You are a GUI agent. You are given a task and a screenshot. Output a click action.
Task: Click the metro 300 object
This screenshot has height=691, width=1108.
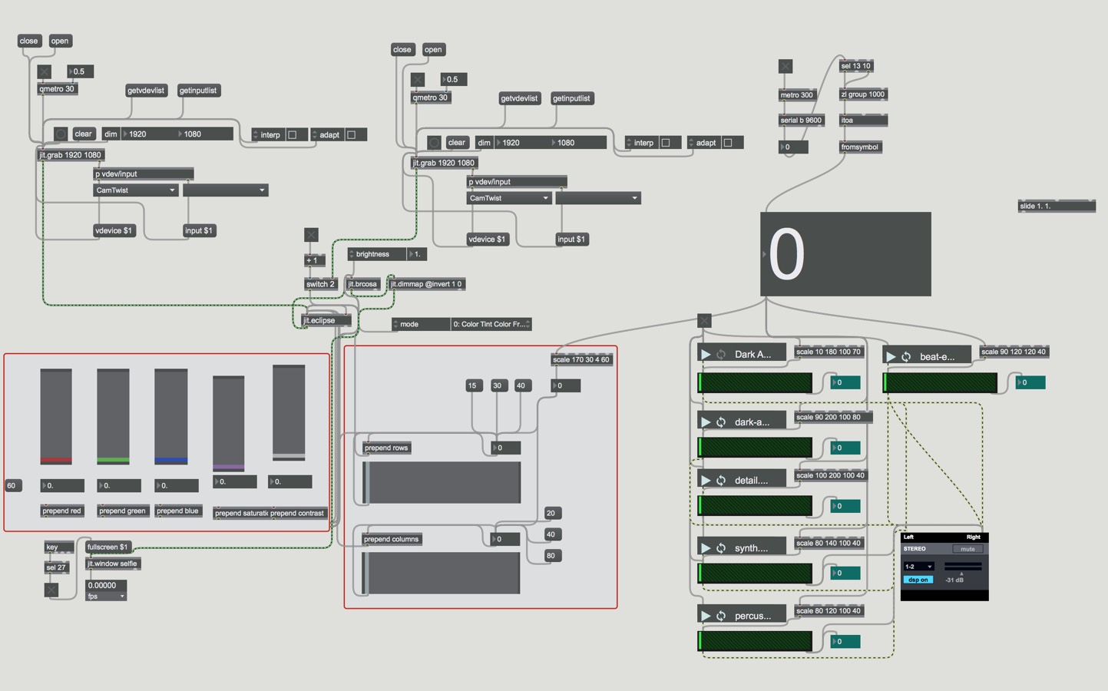click(x=796, y=95)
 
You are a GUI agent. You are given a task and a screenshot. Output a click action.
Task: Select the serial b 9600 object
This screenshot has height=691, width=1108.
click(x=801, y=121)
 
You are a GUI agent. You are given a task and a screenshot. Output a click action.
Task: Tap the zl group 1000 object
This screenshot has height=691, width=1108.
click(x=862, y=94)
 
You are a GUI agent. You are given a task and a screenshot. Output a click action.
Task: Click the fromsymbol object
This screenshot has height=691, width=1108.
click(x=859, y=147)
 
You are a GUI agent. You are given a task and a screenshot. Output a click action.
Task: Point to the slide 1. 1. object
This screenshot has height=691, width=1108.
click(x=1056, y=206)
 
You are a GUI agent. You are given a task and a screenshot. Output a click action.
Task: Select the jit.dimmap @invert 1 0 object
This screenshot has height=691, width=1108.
click(x=426, y=284)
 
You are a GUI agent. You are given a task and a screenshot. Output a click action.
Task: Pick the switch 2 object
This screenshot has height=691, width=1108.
click(x=320, y=284)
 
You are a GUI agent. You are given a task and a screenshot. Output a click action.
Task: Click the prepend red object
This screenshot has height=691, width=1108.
click(x=61, y=511)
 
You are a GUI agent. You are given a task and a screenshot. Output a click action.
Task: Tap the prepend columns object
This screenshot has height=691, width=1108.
click(x=391, y=539)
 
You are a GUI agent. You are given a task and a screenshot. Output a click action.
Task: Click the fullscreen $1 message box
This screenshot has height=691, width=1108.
click(x=107, y=547)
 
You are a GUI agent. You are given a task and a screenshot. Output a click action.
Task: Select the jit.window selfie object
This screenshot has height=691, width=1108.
click(x=112, y=564)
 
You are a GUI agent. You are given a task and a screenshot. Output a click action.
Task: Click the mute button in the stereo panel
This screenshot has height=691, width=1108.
click(x=967, y=549)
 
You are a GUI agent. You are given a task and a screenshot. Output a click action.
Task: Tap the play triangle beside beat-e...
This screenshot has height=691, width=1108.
click(x=891, y=357)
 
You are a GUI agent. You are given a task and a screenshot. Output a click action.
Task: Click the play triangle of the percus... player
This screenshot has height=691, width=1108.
click(x=706, y=616)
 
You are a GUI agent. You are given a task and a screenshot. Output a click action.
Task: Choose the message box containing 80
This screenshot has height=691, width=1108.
click(x=551, y=556)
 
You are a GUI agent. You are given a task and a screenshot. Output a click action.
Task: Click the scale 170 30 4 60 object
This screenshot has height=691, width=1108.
click(x=581, y=359)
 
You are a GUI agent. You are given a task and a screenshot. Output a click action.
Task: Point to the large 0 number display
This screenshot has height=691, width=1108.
click(x=845, y=254)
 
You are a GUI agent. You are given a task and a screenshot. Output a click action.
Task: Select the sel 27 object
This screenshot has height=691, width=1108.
click(x=56, y=568)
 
